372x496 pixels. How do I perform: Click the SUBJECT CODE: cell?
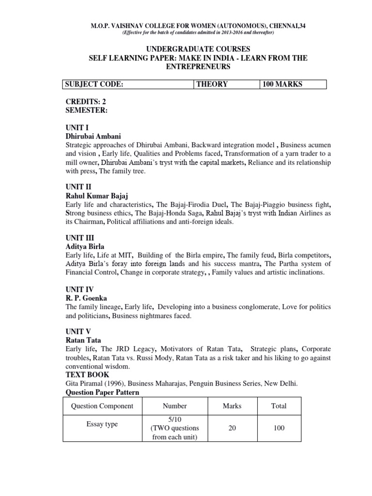[x=94, y=84]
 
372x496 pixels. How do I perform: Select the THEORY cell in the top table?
[x=212, y=84]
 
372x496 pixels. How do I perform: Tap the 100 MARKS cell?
[x=282, y=84]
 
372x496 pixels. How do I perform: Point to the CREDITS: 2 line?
[x=86, y=103]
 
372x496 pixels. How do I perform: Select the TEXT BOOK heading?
[x=87, y=374]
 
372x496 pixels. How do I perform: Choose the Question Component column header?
[x=102, y=406]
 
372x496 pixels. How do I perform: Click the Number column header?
[x=174, y=406]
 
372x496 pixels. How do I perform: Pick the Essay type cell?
[x=102, y=424]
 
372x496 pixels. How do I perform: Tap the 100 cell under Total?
[x=279, y=428]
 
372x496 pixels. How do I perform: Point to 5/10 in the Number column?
[x=174, y=419]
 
